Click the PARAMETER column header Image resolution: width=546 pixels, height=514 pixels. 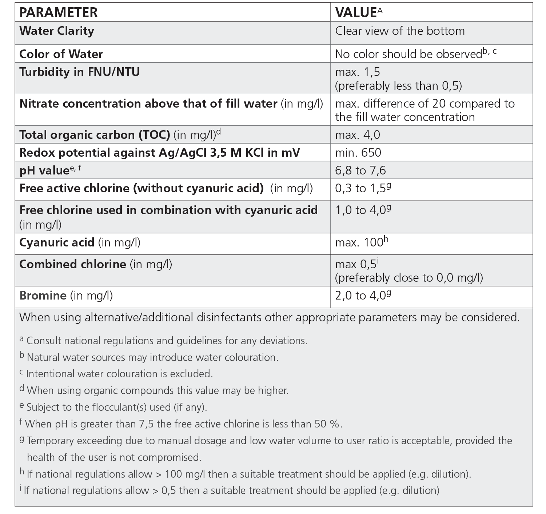coord(58,12)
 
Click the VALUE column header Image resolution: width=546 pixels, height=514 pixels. coord(355,12)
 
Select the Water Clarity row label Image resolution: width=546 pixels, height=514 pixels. coord(57,31)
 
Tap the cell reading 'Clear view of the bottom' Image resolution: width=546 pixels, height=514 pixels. coord(400,31)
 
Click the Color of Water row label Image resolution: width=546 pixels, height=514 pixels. coord(61,54)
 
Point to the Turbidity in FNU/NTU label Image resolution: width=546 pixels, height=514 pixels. coord(79,72)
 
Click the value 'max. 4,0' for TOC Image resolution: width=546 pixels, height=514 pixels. coord(357,135)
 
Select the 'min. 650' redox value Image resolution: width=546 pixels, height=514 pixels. coord(358,153)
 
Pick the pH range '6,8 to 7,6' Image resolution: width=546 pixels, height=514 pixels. coord(360,170)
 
